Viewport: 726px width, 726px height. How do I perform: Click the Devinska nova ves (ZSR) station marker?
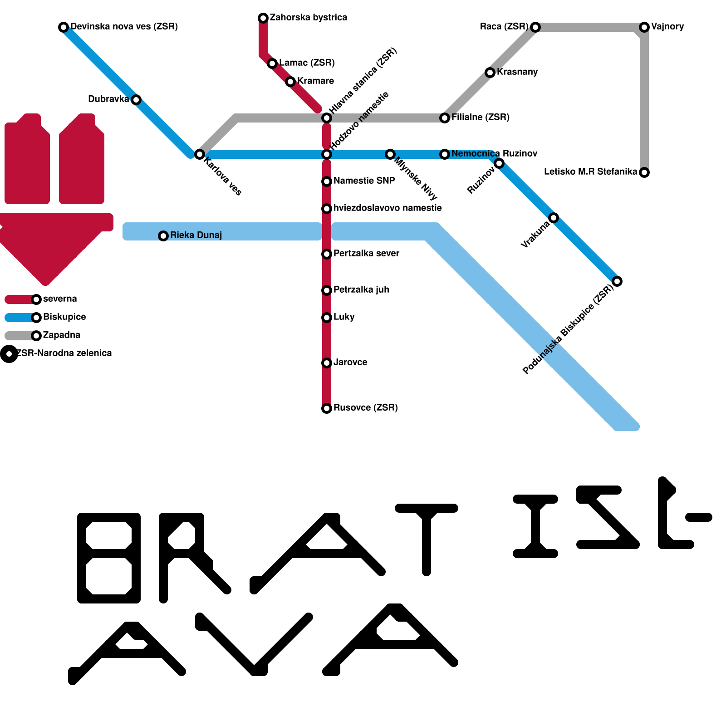point(64,27)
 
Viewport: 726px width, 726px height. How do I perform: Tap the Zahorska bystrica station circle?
point(263,18)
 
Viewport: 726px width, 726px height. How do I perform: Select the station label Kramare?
point(315,81)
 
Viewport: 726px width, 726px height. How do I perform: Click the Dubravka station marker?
point(136,100)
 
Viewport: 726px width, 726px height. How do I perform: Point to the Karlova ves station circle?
point(199,154)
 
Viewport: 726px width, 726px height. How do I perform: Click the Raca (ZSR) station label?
point(504,27)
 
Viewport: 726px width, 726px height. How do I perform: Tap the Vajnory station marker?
point(644,27)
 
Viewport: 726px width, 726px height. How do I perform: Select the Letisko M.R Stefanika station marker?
point(644,172)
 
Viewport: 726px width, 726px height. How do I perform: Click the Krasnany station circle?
point(490,73)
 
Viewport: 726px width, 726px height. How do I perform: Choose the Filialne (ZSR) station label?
point(480,118)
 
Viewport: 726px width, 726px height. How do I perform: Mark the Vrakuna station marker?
point(554,218)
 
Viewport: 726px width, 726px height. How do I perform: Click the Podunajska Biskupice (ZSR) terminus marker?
point(617,281)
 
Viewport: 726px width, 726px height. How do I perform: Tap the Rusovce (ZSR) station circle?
point(327,408)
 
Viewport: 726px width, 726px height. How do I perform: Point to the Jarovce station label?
point(350,363)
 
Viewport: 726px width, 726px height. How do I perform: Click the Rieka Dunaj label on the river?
point(196,235)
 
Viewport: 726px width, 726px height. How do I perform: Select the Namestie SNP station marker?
point(327,181)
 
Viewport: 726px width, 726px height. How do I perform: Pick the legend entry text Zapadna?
point(62,335)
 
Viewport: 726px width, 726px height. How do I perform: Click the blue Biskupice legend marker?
point(36,318)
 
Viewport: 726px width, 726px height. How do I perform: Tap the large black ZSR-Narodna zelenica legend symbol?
point(9,354)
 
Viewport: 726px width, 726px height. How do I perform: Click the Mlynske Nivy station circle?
point(390,154)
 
